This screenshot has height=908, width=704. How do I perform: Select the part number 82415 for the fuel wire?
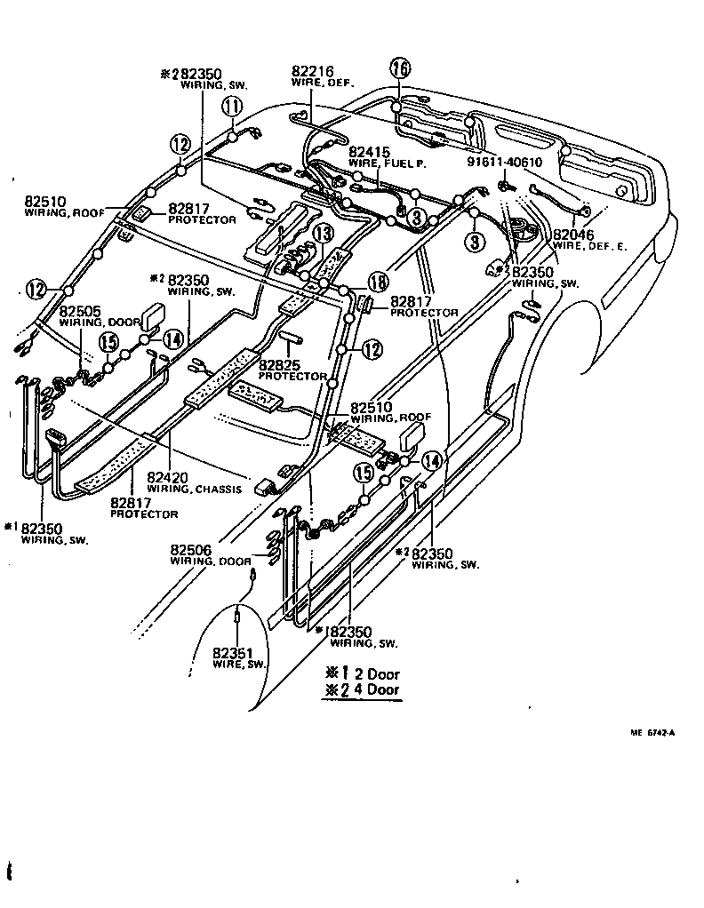368,152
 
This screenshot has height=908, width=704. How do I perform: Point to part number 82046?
573,235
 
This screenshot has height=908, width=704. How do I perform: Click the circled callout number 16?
399,68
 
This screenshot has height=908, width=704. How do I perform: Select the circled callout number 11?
232,107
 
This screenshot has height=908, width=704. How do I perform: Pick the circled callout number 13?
322,234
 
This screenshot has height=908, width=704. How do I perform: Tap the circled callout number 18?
378,282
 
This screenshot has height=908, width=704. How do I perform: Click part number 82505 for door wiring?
80,312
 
